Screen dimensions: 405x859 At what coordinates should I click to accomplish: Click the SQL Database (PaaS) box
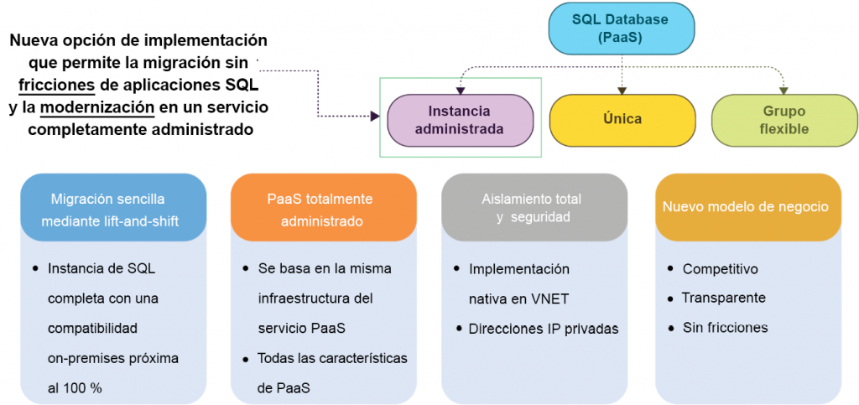tap(622, 28)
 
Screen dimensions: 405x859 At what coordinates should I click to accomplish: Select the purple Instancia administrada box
tap(461, 120)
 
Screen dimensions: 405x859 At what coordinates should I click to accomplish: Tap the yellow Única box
tap(622, 119)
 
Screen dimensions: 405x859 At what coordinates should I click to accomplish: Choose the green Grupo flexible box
tap(784, 120)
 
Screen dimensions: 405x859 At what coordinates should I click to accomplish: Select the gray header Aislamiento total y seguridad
tap(533, 207)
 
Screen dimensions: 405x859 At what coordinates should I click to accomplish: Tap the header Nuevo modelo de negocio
tap(746, 206)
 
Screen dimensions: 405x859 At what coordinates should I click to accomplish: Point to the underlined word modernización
tap(97, 107)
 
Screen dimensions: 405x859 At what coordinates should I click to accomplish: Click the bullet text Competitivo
tap(720, 269)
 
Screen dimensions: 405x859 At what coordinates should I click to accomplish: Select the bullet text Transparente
tap(723, 298)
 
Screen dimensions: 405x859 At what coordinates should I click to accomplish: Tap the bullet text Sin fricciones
tap(725, 328)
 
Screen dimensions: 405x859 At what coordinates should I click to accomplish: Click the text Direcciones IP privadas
tap(544, 329)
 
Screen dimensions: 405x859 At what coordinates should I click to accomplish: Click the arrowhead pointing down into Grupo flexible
tap(784, 90)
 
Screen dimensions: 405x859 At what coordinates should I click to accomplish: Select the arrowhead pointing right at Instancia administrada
tap(375, 117)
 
